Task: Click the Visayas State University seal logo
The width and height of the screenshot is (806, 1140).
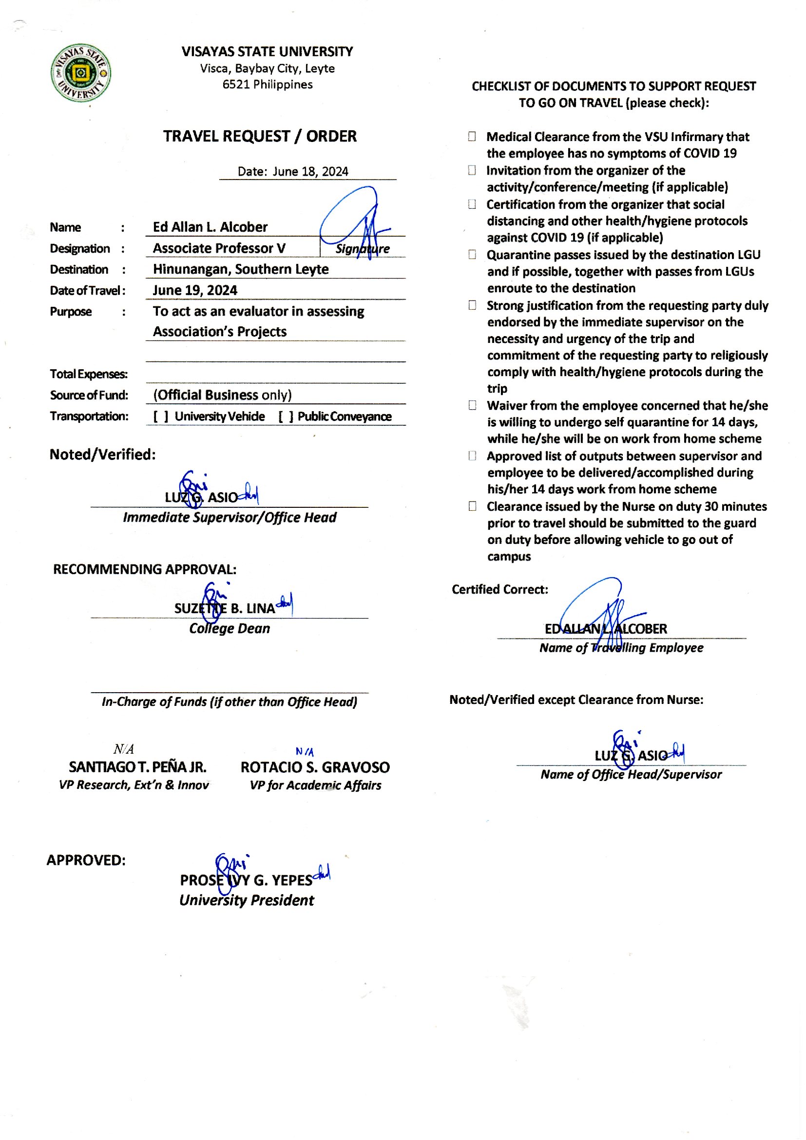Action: click(x=81, y=73)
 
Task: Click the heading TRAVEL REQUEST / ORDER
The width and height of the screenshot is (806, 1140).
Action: click(x=260, y=136)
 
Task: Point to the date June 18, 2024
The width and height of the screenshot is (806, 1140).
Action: click(x=310, y=172)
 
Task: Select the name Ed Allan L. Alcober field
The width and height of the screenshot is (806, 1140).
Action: click(x=210, y=227)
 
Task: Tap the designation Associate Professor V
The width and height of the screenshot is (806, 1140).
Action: click(x=219, y=248)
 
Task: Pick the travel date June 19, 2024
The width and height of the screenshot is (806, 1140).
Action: click(x=194, y=290)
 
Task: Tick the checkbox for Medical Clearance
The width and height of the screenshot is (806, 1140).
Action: click(x=472, y=137)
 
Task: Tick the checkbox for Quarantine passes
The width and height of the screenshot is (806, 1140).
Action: click(x=472, y=255)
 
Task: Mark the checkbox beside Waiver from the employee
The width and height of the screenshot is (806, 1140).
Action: click(x=472, y=405)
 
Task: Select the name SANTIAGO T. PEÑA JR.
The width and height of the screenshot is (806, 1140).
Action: click(x=137, y=767)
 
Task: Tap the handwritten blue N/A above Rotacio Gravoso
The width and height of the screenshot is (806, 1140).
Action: click(x=305, y=752)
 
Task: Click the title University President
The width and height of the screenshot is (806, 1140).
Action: click(x=246, y=900)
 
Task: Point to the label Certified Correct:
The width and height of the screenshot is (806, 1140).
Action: click(x=499, y=590)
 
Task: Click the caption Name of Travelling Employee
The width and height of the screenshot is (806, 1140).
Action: click(x=621, y=648)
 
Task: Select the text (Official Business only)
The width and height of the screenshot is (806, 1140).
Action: click(x=222, y=395)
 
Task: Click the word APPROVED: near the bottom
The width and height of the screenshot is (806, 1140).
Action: click(x=86, y=860)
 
